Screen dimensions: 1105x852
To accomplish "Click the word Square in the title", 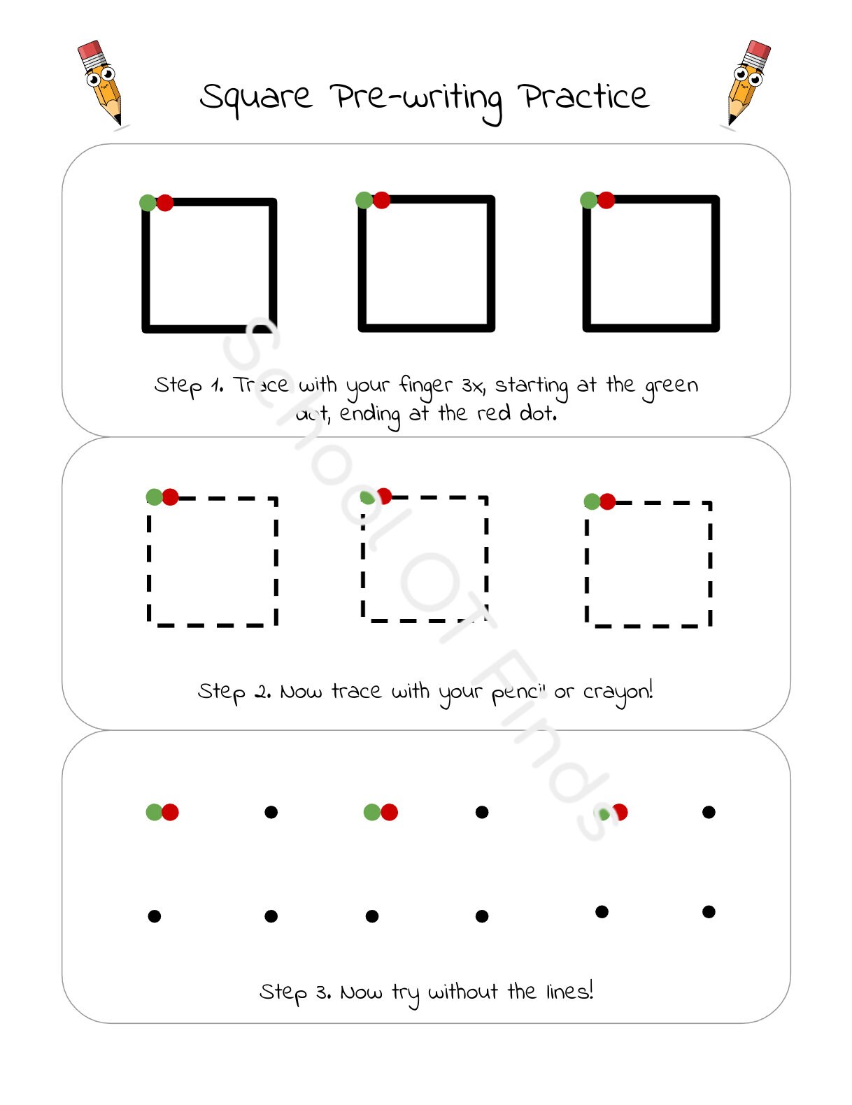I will coord(255,98).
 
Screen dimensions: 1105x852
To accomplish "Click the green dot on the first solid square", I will coord(147,203).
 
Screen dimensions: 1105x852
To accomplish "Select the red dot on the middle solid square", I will coord(382,201).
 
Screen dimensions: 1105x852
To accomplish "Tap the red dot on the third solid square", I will coord(606,201).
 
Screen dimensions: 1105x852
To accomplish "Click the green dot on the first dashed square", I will coord(154,497).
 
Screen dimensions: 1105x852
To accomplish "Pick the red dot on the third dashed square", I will coord(608,501).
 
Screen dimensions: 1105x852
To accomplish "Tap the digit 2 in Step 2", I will coord(262,692).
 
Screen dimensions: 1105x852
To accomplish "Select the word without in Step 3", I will coord(463,992).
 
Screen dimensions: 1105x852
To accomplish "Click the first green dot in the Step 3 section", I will coord(154,812).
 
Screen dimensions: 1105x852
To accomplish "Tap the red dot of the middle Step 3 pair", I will coord(390,812).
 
